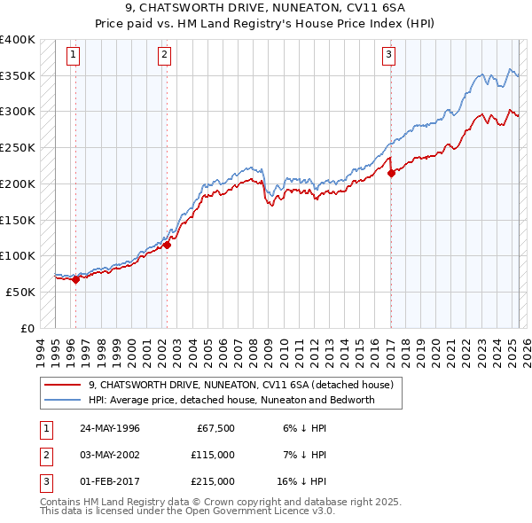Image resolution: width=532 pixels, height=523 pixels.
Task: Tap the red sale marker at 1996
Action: [x=75, y=279]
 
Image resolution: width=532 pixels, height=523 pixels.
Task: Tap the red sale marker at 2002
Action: [x=167, y=246]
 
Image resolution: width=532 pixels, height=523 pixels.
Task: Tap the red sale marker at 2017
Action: [x=391, y=173]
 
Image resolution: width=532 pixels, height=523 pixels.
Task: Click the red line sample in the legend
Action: [x=62, y=385]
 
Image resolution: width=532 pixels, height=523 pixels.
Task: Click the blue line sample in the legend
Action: [x=62, y=400]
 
